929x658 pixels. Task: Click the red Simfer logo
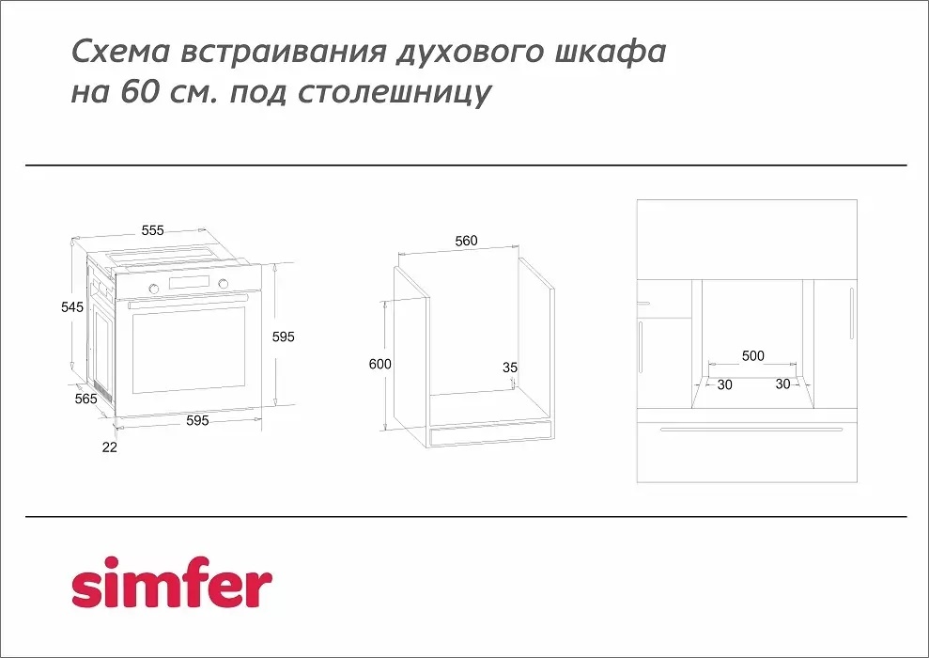172,586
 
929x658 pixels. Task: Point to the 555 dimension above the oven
153,230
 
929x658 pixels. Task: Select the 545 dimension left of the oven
72,307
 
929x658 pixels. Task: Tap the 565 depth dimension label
85,399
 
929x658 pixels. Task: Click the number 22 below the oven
110,447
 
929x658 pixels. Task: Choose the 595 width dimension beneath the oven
196,421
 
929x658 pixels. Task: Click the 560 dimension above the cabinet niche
466,241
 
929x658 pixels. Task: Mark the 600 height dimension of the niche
379,364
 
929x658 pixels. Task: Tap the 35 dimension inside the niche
510,368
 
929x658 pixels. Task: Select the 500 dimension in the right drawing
752,356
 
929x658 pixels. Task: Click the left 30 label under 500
724,384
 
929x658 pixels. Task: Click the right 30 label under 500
782,384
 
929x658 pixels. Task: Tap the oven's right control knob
223,284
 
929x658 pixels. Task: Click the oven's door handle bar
188,301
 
